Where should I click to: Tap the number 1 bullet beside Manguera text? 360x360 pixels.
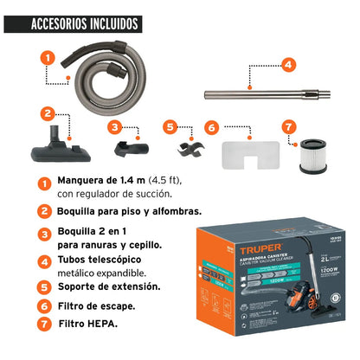[42, 184]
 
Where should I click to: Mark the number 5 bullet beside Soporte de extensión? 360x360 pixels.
[42, 286]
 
